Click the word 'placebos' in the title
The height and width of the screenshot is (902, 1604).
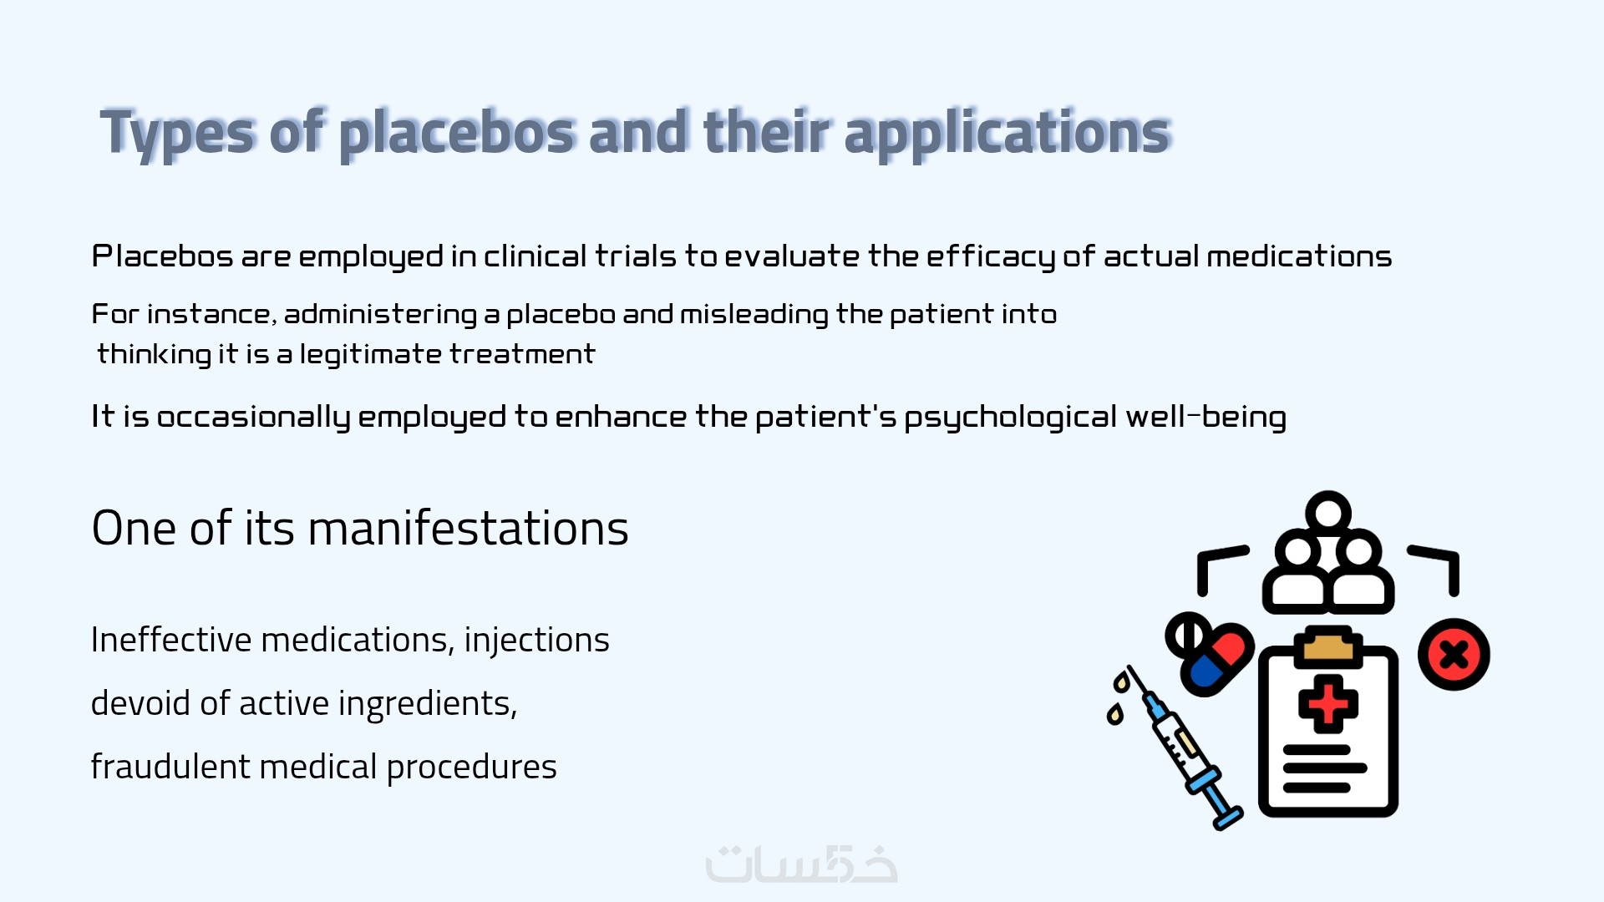(457, 133)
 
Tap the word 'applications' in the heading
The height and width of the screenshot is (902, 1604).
(1008, 133)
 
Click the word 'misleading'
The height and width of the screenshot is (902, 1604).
(754, 314)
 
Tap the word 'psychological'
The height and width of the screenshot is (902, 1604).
(1010, 417)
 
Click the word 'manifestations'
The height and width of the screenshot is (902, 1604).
(468, 528)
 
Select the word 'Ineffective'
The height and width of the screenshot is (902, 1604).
(171, 640)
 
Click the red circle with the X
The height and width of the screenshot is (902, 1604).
(1454, 654)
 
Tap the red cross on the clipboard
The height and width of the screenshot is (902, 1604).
(1328, 704)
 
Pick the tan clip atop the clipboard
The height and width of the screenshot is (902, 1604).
(1328, 647)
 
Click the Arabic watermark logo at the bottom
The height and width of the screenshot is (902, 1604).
(801, 864)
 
